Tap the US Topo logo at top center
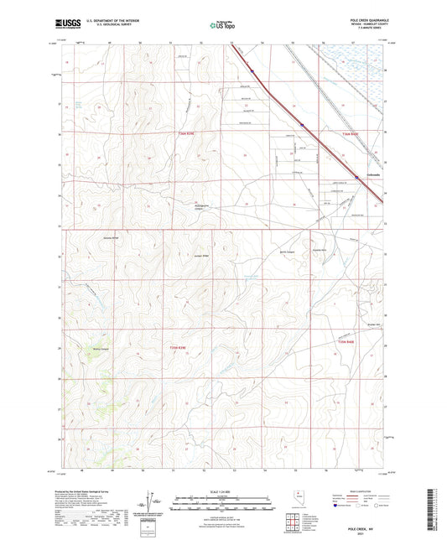point(218,26)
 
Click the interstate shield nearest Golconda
point(356,177)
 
